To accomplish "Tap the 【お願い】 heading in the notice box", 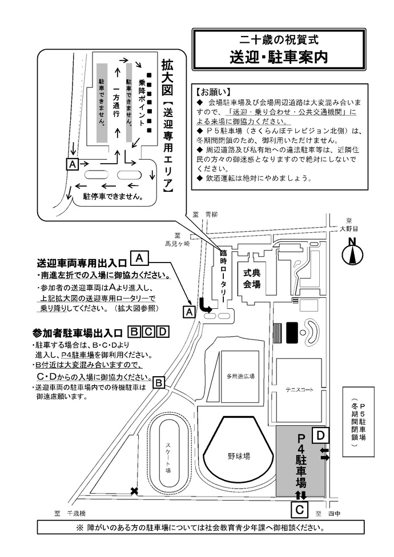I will [x=212, y=91].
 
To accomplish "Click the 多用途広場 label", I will [x=240, y=377].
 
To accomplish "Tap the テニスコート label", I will [x=299, y=390].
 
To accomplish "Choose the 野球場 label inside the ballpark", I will [x=239, y=457].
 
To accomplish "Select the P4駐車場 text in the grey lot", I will [x=300, y=462].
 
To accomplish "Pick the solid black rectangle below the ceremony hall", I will [x=292, y=330].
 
